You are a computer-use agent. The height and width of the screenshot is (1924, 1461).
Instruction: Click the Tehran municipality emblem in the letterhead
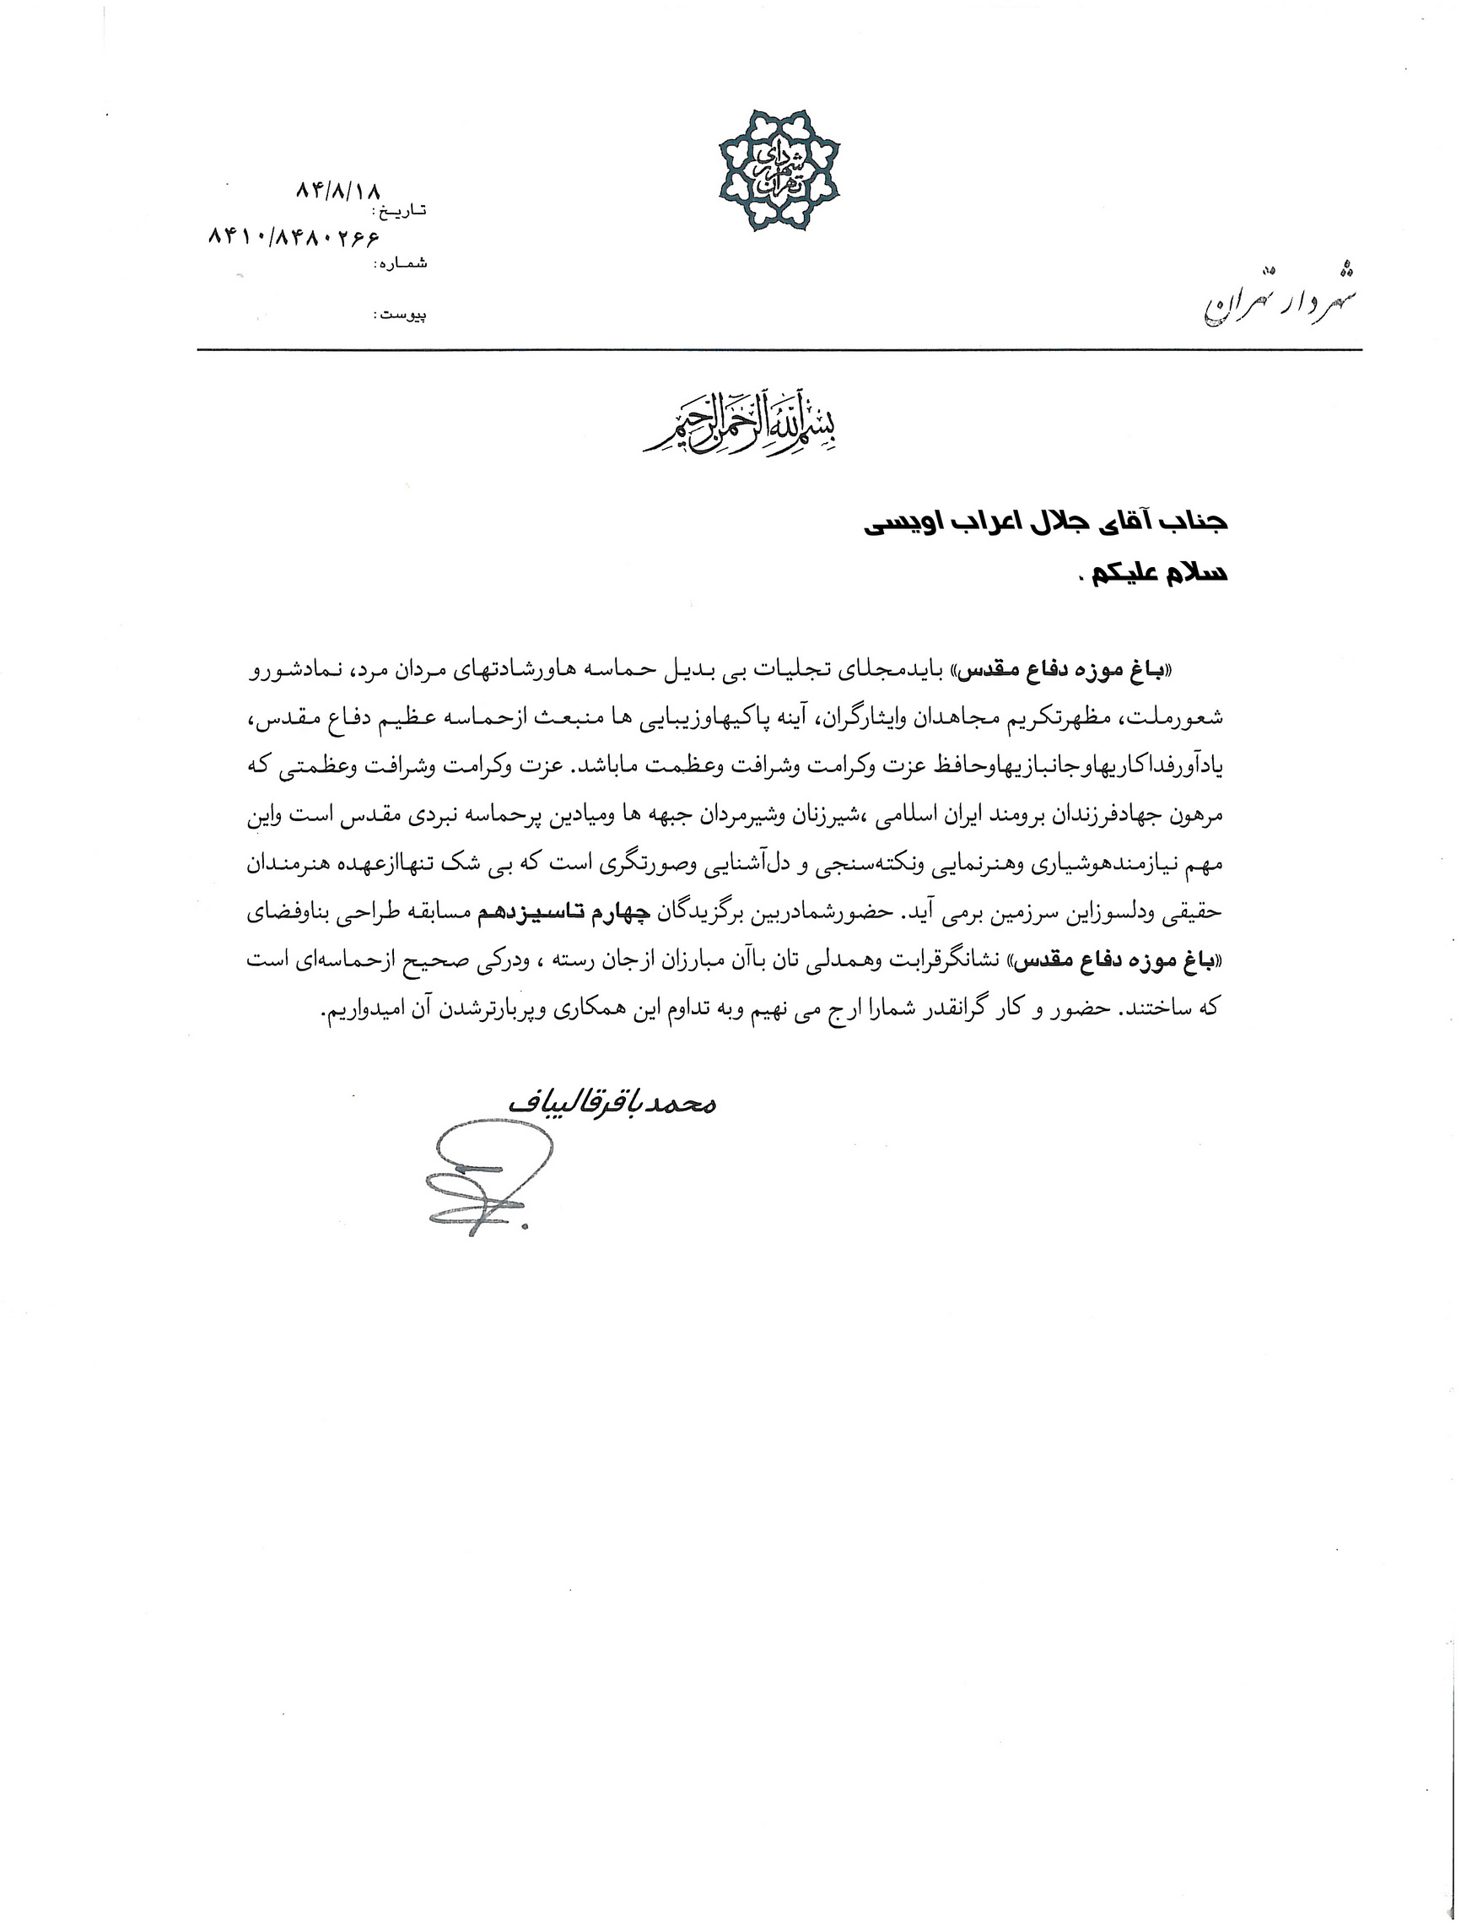(779, 170)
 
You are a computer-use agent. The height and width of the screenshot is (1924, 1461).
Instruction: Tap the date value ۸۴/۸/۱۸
(339, 190)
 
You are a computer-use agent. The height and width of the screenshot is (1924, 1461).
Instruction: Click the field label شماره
(400, 262)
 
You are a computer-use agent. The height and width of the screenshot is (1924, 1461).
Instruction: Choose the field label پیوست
(400, 314)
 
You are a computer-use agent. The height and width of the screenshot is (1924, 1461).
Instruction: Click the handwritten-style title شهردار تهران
(1280, 300)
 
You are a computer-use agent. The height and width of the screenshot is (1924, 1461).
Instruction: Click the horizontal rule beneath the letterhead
(779, 350)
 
